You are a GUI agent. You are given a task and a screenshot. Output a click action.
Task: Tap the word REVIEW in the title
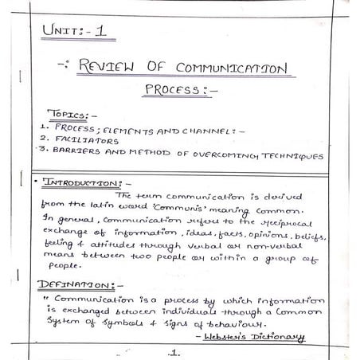coord(113,68)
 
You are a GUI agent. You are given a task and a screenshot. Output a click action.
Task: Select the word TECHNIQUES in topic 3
coord(292,155)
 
